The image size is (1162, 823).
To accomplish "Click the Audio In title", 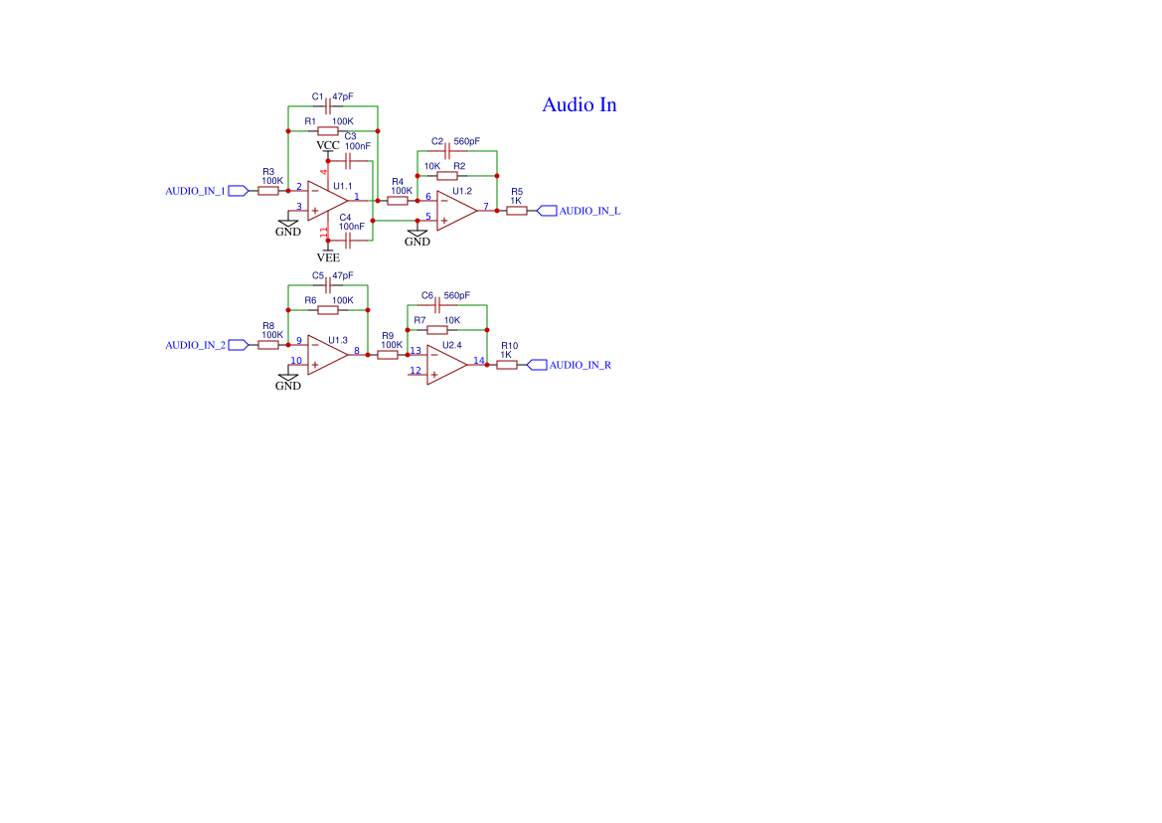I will point(579,104).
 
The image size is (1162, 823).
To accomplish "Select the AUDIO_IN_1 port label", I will point(195,190).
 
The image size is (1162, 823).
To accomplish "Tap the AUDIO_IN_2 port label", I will point(195,345).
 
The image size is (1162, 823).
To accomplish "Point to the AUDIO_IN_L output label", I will point(589,211).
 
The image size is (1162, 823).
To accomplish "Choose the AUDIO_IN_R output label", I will point(581,365).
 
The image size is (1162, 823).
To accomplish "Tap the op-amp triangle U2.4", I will point(446,365).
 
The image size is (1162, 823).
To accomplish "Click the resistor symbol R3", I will point(268,190).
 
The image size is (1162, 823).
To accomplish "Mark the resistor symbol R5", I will point(516,211).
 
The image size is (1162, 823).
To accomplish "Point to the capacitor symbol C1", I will point(327,105).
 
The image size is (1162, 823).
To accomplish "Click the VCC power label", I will point(327,146).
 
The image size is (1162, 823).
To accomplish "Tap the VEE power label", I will point(327,256).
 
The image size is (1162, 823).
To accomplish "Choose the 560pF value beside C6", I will point(456,295).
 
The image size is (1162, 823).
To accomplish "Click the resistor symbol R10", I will point(506,365).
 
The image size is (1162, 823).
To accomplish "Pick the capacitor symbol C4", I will point(347,240).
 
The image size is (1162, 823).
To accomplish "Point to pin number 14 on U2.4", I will point(478,360).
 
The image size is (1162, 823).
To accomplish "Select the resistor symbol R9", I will point(388,355).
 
